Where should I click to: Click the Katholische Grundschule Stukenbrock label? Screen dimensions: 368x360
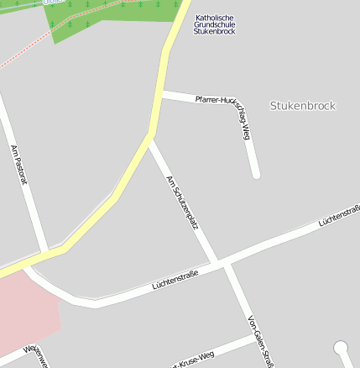pos(215,24)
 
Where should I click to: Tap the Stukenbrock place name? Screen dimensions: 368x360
pos(303,106)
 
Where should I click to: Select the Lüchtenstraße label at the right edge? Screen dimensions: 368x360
pos(340,216)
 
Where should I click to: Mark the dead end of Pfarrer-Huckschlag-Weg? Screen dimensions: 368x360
pos(255,174)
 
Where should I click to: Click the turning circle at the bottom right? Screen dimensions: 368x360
pos(342,347)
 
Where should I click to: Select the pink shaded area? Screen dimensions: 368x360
pos(25,311)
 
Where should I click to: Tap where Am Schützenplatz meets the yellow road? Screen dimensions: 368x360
pos(149,137)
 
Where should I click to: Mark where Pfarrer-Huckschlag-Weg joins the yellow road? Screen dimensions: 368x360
pos(162,94)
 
